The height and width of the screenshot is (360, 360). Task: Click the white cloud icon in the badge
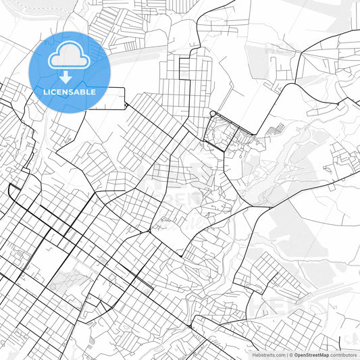(69, 57)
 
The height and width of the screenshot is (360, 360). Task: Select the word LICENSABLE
(69, 92)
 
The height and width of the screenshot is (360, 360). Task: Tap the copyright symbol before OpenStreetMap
(291, 354)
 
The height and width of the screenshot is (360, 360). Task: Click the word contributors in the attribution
(342, 354)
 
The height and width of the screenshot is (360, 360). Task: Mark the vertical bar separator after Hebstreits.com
(287, 354)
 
